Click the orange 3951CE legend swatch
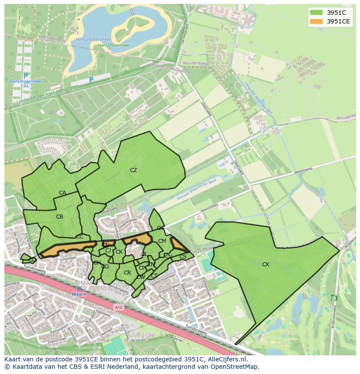pyautogui.click(x=316, y=21)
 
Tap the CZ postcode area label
pyautogui.click(x=133, y=170)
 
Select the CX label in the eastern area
pyautogui.click(x=265, y=264)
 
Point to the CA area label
pyautogui.click(x=63, y=193)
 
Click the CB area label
pyautogui.click(x=60, y=216)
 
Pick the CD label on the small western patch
pyautogui.click(x=32, y=259)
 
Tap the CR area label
pyautogui.click(x=127, y=273)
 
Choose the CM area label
pyautogui.click(x=162, y=241)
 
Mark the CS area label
pyautogui.click(x=183, y=257)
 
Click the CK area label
pyautogui.click(x=119, y=252)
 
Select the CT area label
pyautogui.click(x=154, y=276)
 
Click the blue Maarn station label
pyautogui.click(x=79, y=294)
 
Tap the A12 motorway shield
pyautogui.click(x=118, y=307)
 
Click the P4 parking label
pyautogui.click(x=26, y=86)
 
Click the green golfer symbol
pyautogui.click(x=334, y=298)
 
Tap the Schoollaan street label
pyautogui.click(x=68, y=258)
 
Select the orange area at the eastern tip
pyautogui.click(x=178, y=244)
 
